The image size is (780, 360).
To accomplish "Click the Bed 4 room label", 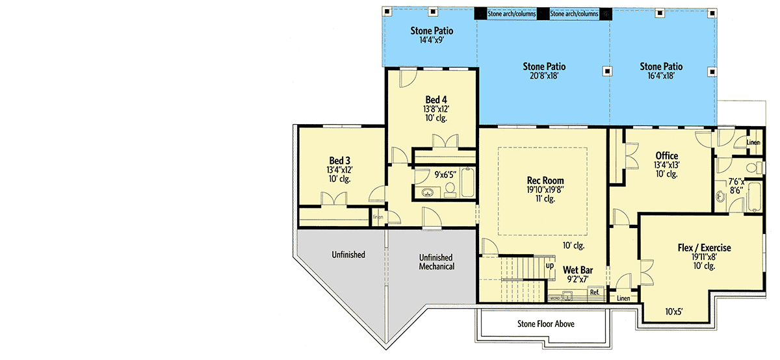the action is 436,100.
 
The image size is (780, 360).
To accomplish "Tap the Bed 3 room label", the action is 339,161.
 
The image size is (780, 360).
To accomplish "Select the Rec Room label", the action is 545,181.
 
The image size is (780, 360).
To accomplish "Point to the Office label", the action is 666,155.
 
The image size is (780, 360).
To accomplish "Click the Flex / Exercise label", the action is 704,248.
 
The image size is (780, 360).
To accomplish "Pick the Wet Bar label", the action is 578,270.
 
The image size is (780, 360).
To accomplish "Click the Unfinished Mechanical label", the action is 436,262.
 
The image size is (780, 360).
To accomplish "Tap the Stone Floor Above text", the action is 545,324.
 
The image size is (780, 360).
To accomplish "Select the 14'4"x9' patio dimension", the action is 432,40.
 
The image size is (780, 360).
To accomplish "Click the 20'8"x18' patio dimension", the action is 544,76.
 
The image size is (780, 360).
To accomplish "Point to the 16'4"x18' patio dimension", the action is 661,76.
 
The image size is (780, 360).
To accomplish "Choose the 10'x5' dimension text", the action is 673,312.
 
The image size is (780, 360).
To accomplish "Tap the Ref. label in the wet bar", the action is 595,292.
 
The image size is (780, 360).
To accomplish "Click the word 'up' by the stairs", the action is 550,266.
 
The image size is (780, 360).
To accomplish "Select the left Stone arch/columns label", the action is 511,14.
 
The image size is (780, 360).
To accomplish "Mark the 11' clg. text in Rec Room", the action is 545,199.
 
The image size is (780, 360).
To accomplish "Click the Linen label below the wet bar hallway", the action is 623,298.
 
